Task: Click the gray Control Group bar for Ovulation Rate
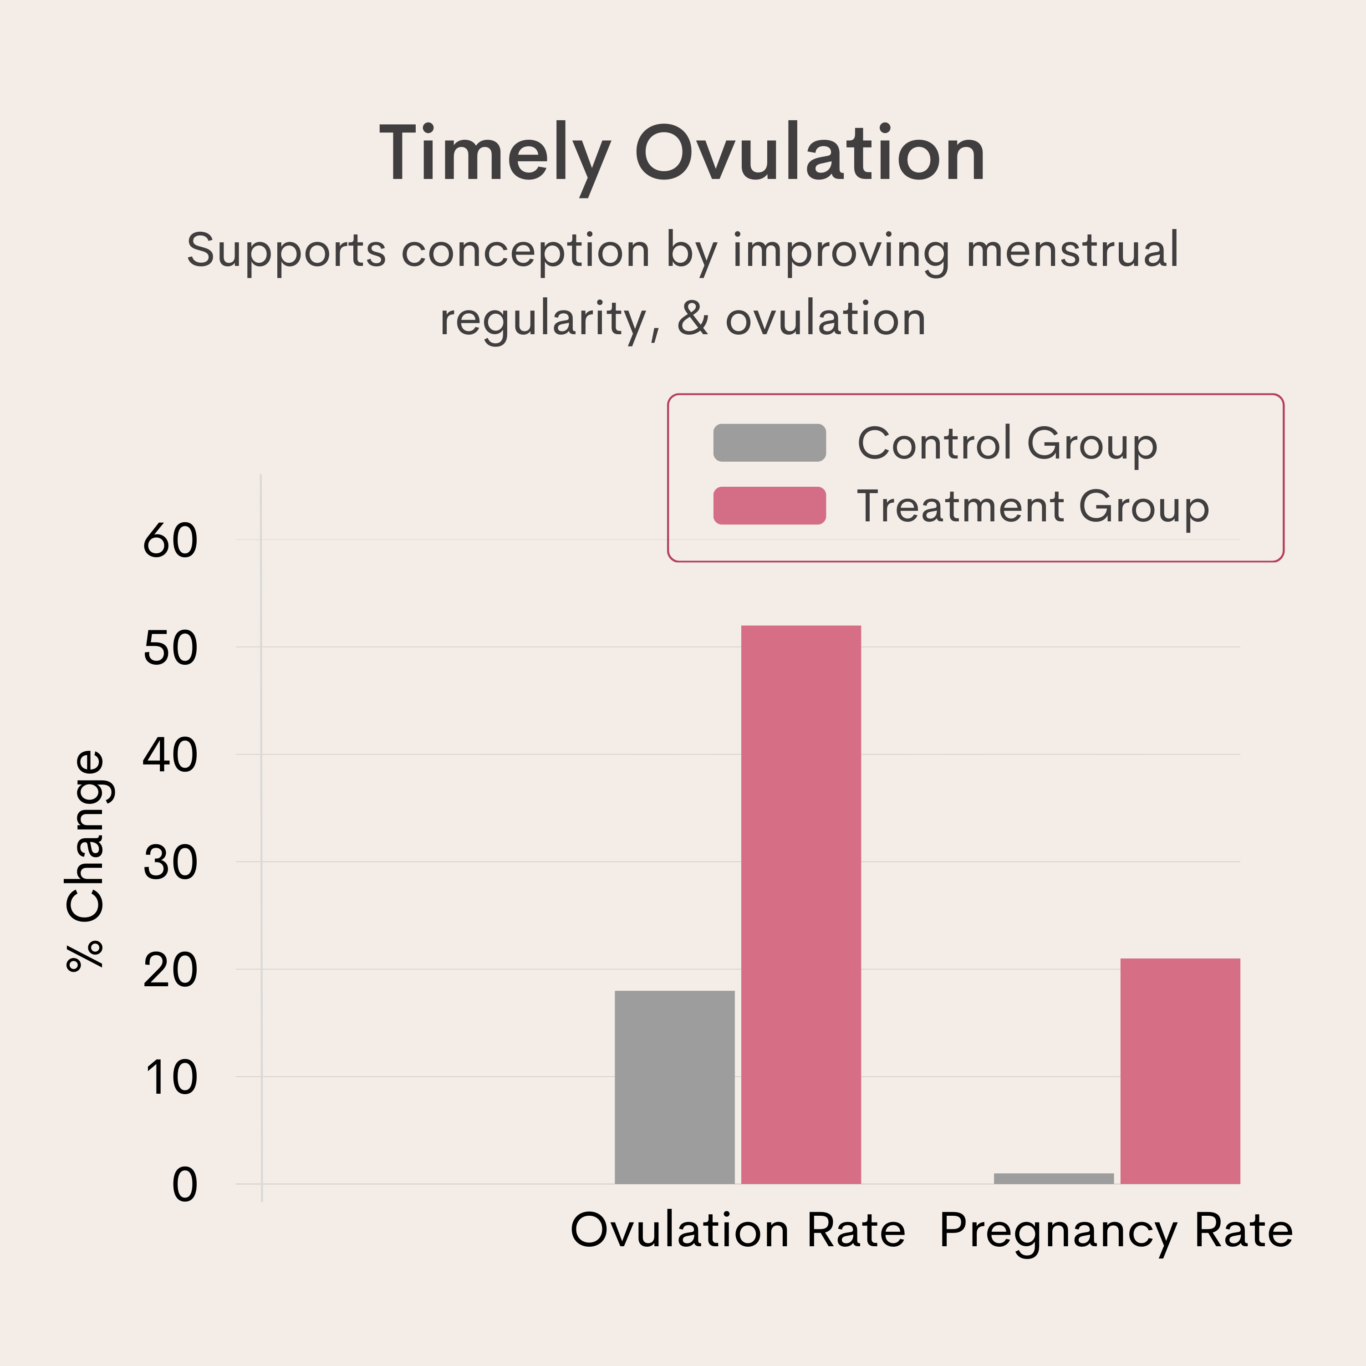click(674, 1087)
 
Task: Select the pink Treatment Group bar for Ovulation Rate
click(801, 905)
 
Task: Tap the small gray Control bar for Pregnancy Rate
click(1054, 1179)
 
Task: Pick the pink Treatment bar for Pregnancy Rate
click(1180, 1071)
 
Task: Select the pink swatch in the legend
click(769, 505)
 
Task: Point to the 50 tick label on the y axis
click(170, 648)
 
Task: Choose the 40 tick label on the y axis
click(170, 756)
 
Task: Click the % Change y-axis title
click(85, 861)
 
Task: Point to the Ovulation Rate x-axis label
click(738, 1231)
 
